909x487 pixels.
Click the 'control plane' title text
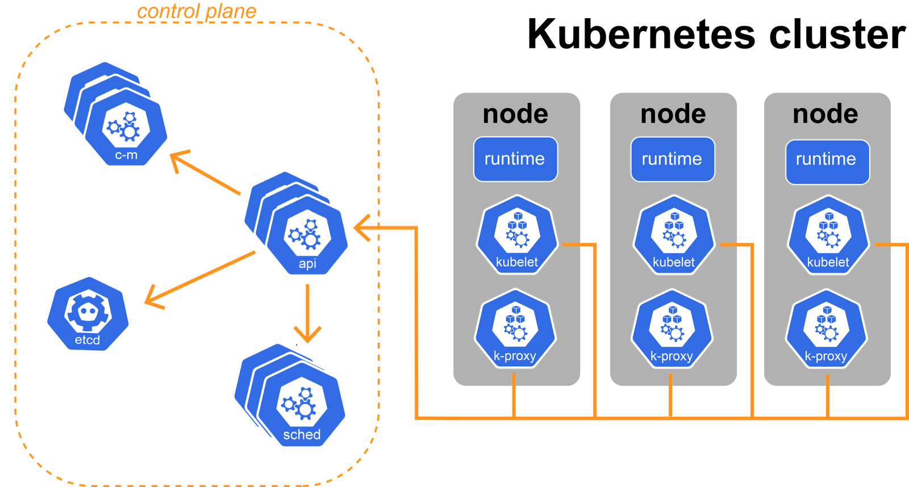(196, 11)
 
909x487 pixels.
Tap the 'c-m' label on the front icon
(126, 155)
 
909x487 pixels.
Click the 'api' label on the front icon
(307, 263)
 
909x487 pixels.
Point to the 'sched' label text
(302, 435)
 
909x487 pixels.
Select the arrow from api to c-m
(206, 174)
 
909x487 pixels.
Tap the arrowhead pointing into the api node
(362, 228)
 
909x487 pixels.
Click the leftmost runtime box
(515, 159)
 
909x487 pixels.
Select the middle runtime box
(672, 159)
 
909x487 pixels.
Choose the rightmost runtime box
(827, 161)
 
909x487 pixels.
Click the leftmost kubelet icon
(516, 236)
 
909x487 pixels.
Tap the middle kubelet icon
(673, 236)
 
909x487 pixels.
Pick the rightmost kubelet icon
(828, 236)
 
